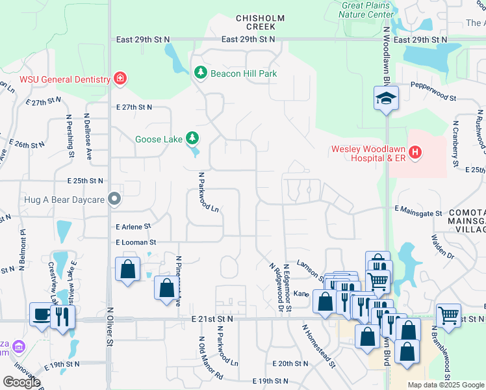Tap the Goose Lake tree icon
(192, 138)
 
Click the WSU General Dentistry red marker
(120, 79)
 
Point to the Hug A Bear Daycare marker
(115, 199)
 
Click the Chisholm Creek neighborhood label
(256, 22)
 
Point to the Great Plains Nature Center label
(368, 10)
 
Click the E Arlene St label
(133, 227)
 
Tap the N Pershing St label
(69, 136)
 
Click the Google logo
(21, 382)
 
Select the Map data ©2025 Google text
(446, 385)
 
